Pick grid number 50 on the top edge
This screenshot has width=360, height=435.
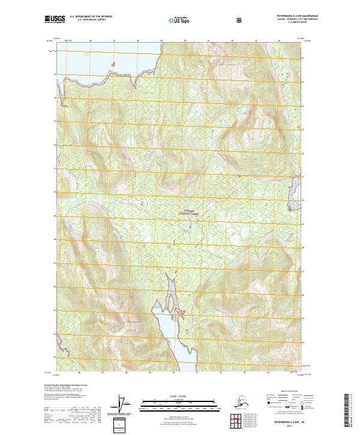[185, 41]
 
